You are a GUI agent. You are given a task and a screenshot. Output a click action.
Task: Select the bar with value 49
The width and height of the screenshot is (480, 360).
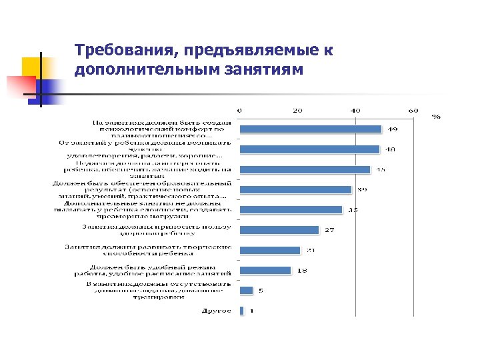pyautogui.click(x=311, y=129)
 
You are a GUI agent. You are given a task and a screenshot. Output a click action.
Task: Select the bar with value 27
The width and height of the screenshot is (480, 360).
pyautogui.click(x=279, y=230)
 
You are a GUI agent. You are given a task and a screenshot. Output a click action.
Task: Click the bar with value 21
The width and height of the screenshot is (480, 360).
pyautogui.click(x=271, y=251)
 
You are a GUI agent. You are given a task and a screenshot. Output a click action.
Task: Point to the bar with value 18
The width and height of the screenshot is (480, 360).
pyautogui.click(x=266, y=271)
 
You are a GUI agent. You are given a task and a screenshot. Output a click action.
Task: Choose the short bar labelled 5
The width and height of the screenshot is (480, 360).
pyautogui.click(x=247, y=291)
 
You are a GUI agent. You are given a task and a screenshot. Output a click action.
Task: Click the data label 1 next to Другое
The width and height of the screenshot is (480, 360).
pyautogui.click(x=252, y=311)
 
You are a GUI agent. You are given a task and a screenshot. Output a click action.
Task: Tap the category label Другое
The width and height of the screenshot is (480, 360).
pyautogui.click(x=217, y=311)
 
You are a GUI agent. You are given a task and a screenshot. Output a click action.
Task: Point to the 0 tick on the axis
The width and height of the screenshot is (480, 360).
pyautogui.click(x=241, y=110)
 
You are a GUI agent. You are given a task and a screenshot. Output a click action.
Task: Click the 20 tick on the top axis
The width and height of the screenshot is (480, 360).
pyautogui.click(x=298, y=110)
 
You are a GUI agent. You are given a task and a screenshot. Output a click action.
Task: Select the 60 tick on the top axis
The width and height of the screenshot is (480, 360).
pyautogui.click(x=413, y=110)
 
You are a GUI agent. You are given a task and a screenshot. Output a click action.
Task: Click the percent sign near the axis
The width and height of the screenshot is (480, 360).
pyautogui.click(x=436, y=116)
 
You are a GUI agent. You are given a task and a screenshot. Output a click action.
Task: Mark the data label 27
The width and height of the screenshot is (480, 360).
pyautogui.click(x=329, y=231)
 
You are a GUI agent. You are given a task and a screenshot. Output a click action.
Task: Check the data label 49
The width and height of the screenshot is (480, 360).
pyautogui.click(x=394, y=129)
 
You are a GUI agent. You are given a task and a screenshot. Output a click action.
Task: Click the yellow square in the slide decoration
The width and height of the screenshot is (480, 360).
pyautogui.click(x=32, y=67)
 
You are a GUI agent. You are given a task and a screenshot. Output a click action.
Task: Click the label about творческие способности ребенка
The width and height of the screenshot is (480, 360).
pyautogui.click(x=148, y=250)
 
